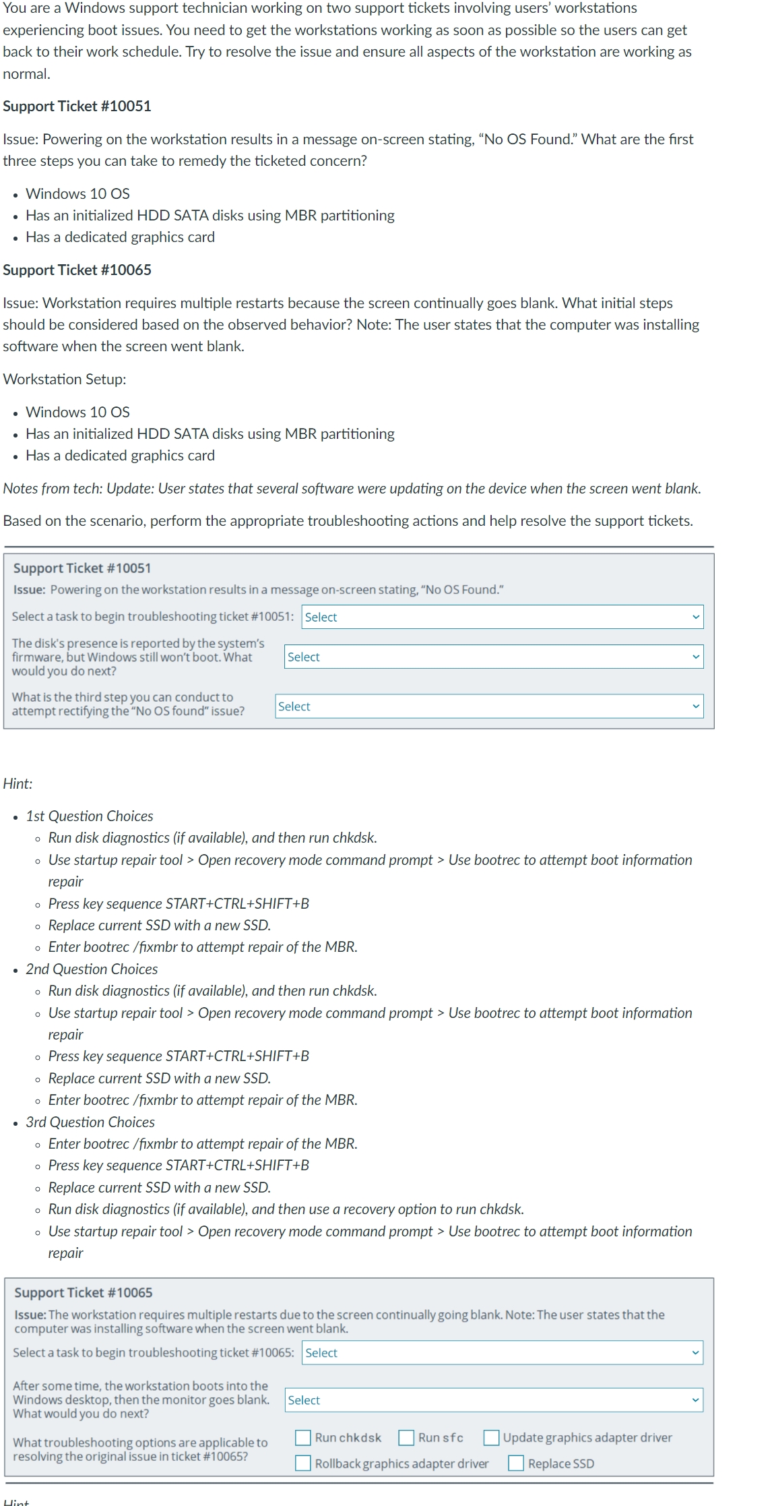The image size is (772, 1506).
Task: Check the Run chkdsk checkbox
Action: point(303,1438)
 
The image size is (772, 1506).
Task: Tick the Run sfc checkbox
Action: point(406,1438)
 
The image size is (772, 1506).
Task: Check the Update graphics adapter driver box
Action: point(491,1438)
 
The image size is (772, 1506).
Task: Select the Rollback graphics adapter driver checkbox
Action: point(303,1464)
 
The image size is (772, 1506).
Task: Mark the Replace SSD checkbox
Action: point(516,1464)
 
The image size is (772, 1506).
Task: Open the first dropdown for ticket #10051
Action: point(502,617)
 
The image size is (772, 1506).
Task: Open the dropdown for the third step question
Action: point(489,706)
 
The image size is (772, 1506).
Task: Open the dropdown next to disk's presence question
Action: point(494,657)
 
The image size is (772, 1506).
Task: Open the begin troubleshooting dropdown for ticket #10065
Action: point(502,1353)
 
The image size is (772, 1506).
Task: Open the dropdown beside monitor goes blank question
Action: point(494,1400)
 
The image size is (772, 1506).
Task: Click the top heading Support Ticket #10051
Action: point(77,106)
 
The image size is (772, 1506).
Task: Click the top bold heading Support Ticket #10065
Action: point(77,270)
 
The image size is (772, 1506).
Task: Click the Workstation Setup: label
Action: point(65,379)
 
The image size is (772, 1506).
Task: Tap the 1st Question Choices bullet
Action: point(90,816)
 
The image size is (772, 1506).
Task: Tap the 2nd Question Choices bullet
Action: point(92,969)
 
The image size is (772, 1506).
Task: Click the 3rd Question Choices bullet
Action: point(90,1122)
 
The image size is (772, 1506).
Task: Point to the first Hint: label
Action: point(18,783)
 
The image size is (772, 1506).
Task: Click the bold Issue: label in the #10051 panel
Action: point(29,590)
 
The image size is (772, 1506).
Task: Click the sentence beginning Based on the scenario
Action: point(348,520)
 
